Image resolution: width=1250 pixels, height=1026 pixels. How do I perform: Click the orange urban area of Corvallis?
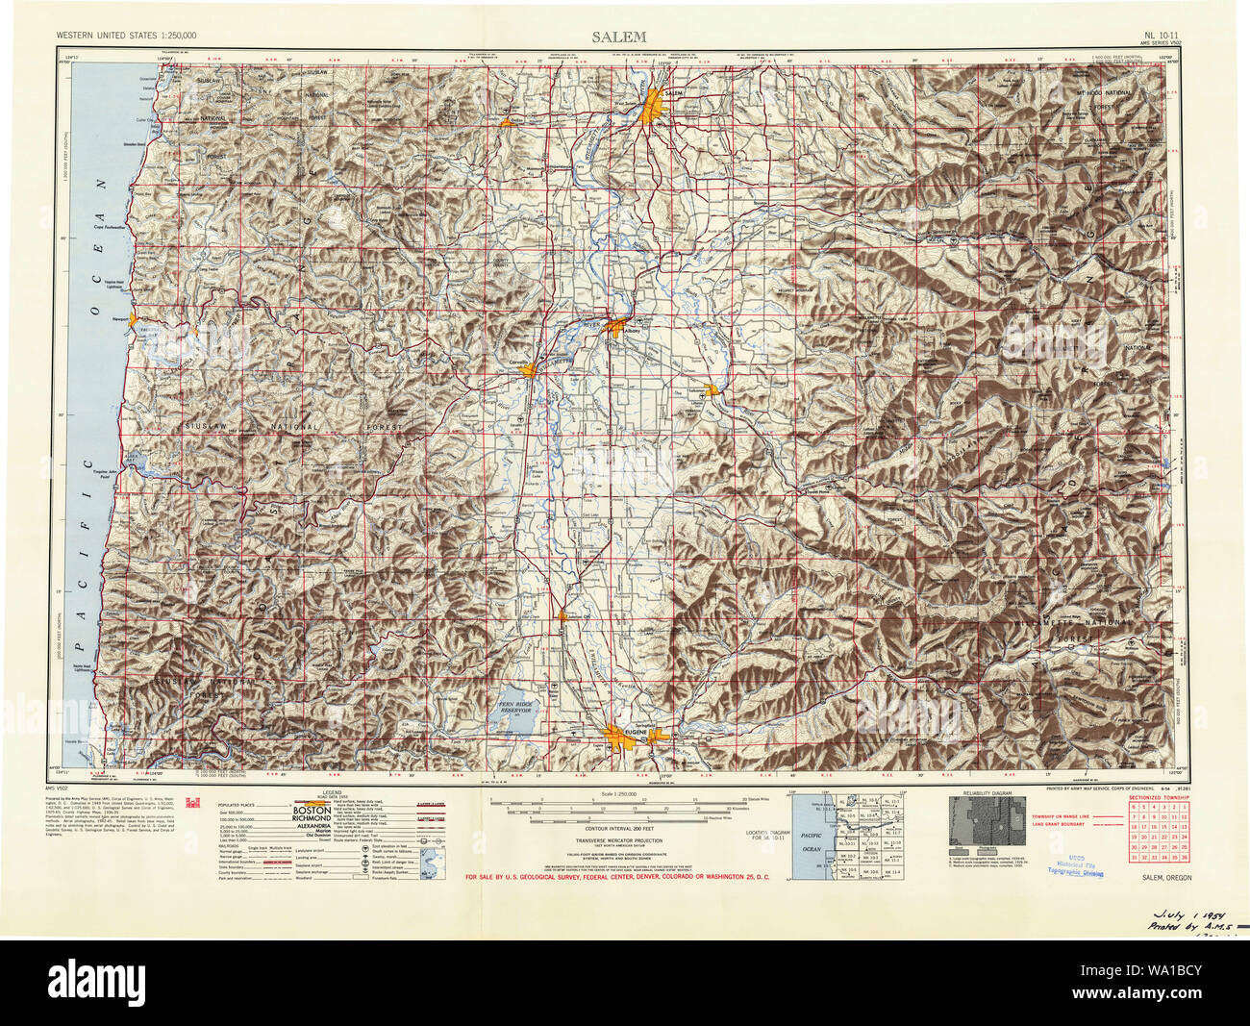point(529,371)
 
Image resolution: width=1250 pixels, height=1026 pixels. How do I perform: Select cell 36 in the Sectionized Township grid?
point(1182,856)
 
